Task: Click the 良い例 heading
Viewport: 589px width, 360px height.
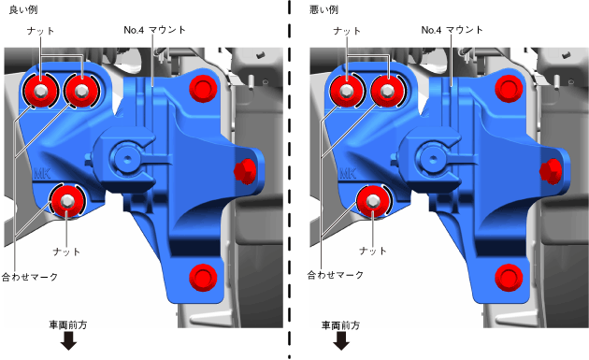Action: click(x=23, y=9)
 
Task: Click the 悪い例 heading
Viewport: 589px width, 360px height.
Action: click(x=323, y=9)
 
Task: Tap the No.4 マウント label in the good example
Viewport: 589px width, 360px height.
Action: click(x=155, y=30)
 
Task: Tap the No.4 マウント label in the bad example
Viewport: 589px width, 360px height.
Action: click(x=452, y=30)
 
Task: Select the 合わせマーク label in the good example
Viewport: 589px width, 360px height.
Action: click(x=30, y=277)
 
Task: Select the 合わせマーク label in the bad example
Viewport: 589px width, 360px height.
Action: click(x=336, y=275)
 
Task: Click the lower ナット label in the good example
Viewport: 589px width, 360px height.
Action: click(x=66, y=252)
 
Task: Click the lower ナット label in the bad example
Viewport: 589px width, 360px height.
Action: click(x=373, y=251)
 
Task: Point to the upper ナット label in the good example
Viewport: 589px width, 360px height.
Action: click(x=40, y=31)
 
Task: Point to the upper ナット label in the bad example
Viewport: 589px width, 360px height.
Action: click(x=347, y=31)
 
